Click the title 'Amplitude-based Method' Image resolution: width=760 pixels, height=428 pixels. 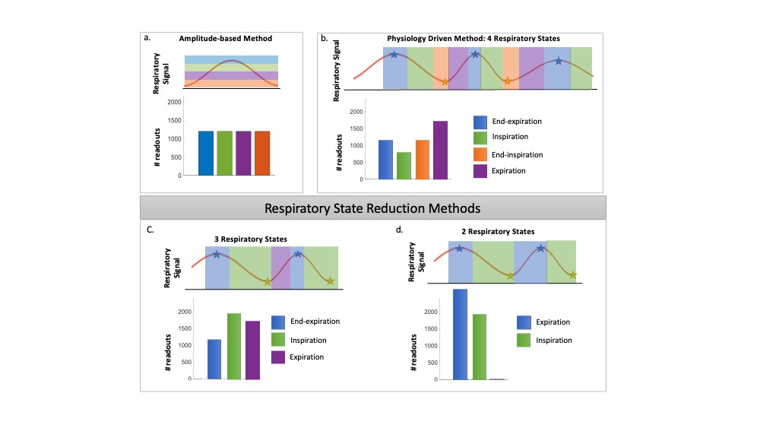click(x=225, y=39)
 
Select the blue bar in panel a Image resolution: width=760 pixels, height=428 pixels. click(x=205, y=153)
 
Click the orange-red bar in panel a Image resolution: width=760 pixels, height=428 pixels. click(x=261, y=153)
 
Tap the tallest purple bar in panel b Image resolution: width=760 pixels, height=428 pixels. click(x=440, y=150)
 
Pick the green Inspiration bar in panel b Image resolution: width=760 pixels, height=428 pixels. click(x=404, y=165)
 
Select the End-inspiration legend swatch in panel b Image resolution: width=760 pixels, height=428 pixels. click(x=480, y=154)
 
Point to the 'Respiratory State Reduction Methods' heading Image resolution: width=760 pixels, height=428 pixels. click(x=372, y=207)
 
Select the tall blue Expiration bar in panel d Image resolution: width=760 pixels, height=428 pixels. click(x=460, y=334)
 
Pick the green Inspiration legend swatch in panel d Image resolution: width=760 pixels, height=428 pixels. click(x=523, y=340)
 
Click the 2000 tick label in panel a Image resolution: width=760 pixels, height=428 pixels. click(x=174, y=102)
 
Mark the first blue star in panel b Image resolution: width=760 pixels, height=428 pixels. click(x=394, y=55)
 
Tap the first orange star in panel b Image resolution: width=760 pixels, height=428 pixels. click(x=445, y=81)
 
